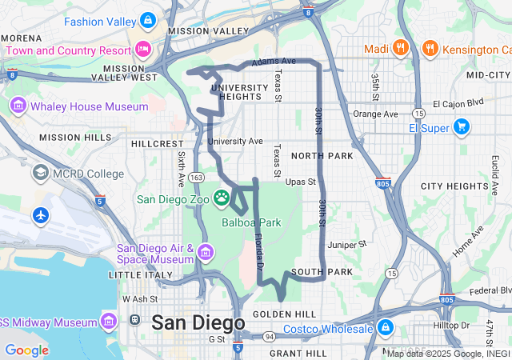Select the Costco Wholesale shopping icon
[x=386, y=328]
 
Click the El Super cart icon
[x=461, y=126]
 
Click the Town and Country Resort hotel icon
[x=144, y=50]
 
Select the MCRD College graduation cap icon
[x=40, y=173]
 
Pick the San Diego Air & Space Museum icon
[x=206, y=254]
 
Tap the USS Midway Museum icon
[x=110, y=322]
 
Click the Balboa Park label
[x=251, y=222]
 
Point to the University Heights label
[x=235, y=91]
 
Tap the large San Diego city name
[x=198, y=322]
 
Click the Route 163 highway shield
[x=198, y=177]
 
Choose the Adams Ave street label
[x=274, y=61]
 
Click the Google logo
[x=26, y=350]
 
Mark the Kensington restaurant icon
[x=430, y=49]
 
